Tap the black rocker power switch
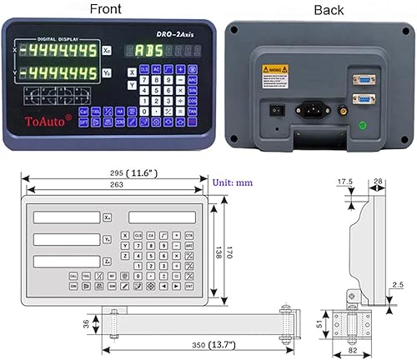(270, 107)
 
